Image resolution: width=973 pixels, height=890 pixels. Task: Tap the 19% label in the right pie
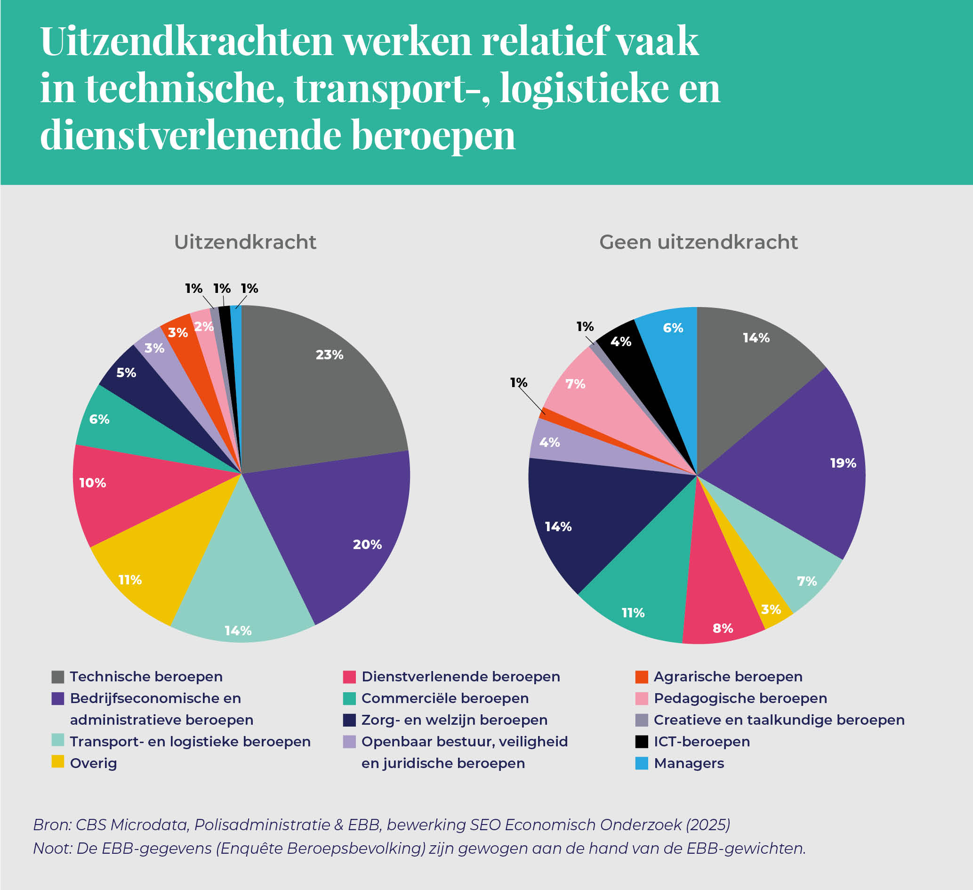click(843, 463)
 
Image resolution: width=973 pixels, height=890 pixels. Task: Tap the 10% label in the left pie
click(92, 483)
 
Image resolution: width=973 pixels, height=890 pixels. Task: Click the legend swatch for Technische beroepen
click(58, 677)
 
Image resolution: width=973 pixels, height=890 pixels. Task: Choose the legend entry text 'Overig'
click(93, 763)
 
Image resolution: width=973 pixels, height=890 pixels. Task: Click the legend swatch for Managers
click(642, 763)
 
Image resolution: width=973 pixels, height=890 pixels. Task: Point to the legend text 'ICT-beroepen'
click(702, 741)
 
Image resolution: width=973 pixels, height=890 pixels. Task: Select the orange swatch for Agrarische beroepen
click(642, 677)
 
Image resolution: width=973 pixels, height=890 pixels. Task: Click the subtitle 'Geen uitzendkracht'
click(698, 242)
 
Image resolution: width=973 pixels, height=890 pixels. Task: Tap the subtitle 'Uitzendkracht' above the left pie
click(245, 242)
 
